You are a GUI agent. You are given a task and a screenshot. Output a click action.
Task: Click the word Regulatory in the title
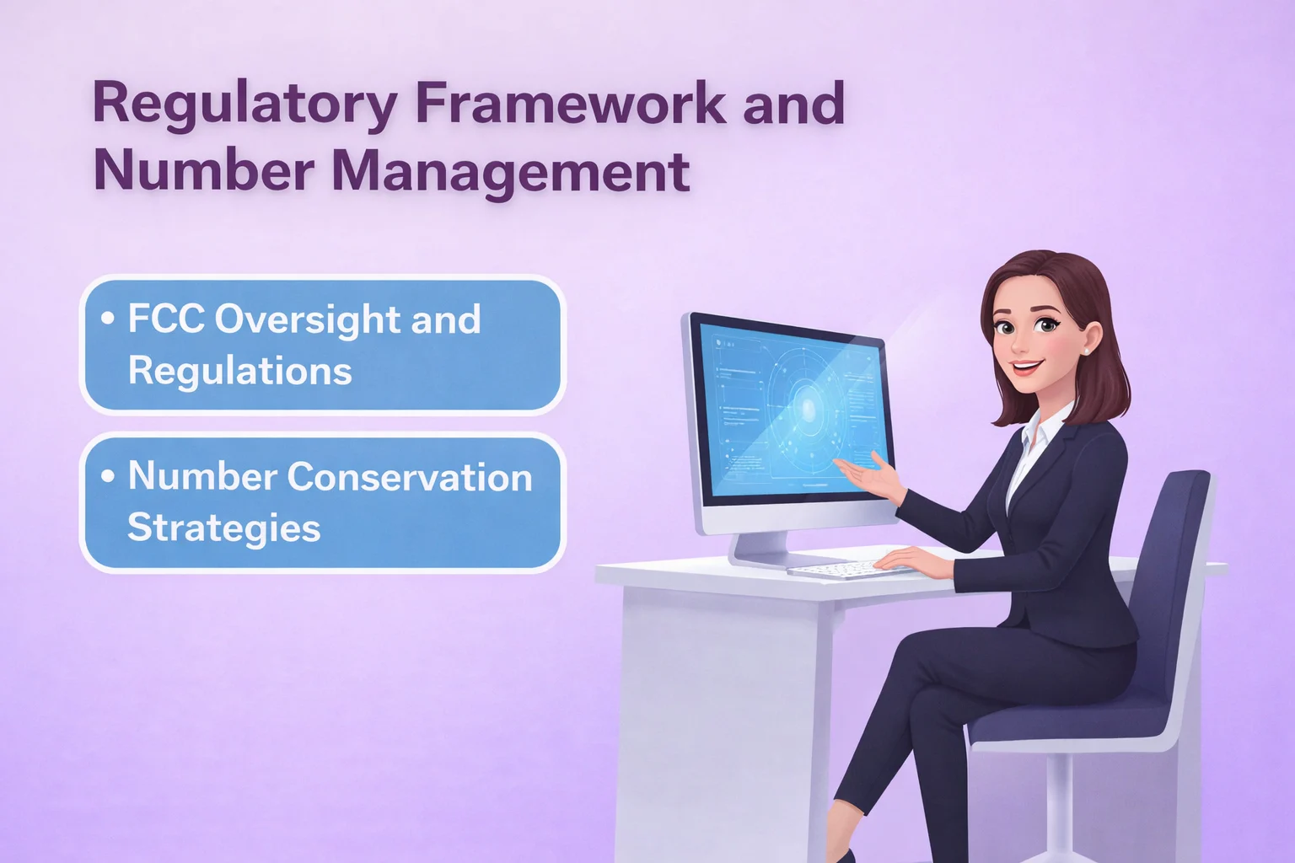tap(244, 105)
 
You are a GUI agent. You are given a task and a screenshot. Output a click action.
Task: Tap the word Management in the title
tap(510, 171)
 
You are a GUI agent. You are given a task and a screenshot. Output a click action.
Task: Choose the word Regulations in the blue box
tap(239, 371)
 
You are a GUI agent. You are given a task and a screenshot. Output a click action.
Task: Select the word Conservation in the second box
tap(410, 477)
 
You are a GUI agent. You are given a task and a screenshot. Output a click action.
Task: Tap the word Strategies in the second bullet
tap(223, 528)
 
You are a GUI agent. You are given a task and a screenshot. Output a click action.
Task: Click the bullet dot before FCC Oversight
tap(107, 319)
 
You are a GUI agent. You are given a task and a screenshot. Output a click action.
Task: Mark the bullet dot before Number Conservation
tap(107, 476)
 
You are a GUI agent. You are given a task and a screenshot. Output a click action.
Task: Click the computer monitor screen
tap(793, 413)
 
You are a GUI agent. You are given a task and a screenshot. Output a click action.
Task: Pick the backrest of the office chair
tap(1176, 582)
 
